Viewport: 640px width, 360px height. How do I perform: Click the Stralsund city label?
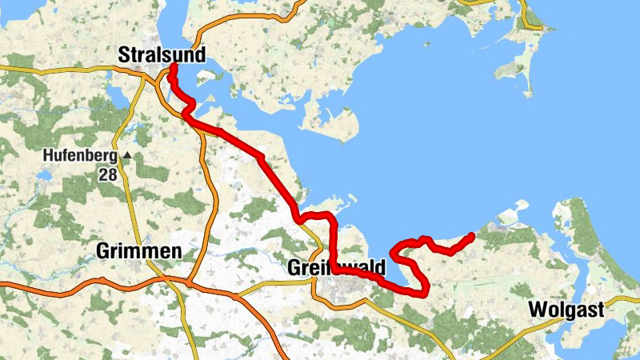[x=162, y=55]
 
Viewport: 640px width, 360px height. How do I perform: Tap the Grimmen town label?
[x=138, y=250]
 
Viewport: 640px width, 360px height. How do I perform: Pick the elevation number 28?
[x=108, y=173]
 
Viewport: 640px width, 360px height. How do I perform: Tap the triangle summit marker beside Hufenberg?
[x=126, y=155]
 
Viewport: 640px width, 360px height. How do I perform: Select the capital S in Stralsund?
[x=124, y=55]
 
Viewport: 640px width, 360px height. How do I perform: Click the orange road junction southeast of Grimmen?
[x=189, y=282]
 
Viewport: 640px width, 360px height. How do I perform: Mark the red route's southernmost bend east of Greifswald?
[x=422, y=292]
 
